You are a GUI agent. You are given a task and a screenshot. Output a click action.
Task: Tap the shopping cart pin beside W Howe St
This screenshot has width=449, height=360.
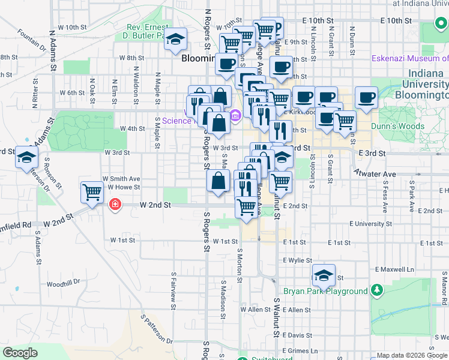pyautogui.click(x=92, y=193)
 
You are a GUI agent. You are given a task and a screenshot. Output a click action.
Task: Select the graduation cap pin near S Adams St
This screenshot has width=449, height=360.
pyautogui.click(x=27, y=158)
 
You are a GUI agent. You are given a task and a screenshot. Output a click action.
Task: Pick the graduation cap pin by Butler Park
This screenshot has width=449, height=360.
pyautogui.click(x=175, y=40)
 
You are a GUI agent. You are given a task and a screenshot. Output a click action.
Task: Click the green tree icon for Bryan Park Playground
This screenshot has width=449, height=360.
pyautogui.click(x=376, y=291)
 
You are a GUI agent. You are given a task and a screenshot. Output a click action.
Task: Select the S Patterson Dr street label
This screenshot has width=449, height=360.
pyautogui.click(x=156, y=329)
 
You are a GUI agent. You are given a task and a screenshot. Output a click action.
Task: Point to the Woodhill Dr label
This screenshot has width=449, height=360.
pyautogui.click(x=63, y=283)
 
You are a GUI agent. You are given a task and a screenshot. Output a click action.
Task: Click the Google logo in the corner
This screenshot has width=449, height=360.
pyautogui.click(x=20, y=353)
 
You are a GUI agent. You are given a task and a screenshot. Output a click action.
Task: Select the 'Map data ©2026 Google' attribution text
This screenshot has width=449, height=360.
pyautogui.click(x=411, y=356)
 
